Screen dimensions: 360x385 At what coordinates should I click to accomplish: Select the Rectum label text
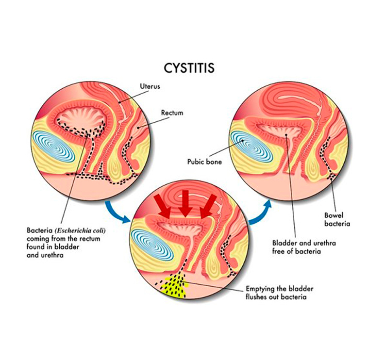[172, 113]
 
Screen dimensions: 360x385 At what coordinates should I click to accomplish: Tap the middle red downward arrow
[185, 208]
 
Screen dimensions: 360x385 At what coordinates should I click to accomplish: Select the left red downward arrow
[163, 210]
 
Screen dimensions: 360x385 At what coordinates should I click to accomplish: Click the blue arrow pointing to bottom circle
[117, 214]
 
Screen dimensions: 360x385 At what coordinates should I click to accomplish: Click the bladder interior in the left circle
[80, 118]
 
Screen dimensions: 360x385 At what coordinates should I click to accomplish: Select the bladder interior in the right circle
[286, 130]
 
